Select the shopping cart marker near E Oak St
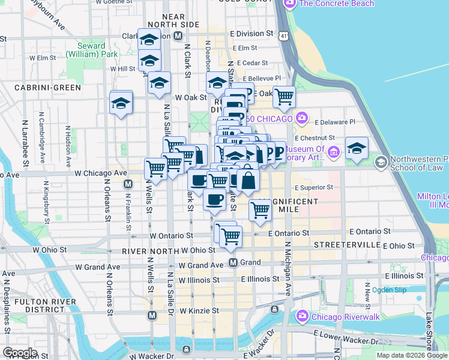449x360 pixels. tap(284, 95)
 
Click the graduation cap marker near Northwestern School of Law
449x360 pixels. tap(357, 148)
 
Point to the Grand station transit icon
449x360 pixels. tap(235, 263)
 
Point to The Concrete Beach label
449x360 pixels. tap(336, 4)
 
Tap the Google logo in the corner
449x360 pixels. tap(20, 353)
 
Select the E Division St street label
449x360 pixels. tap(251, 34)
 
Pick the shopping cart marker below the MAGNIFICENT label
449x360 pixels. tap(260, 210)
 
